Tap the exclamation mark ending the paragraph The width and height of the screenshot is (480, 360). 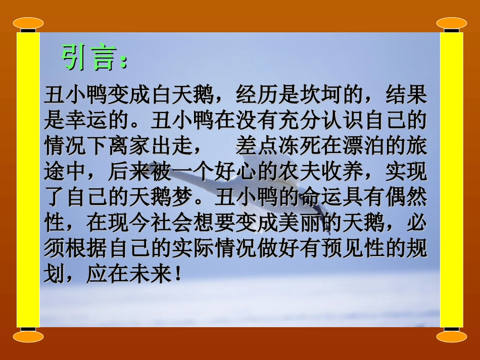point(176,275)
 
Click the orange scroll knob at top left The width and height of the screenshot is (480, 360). point(28,23)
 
